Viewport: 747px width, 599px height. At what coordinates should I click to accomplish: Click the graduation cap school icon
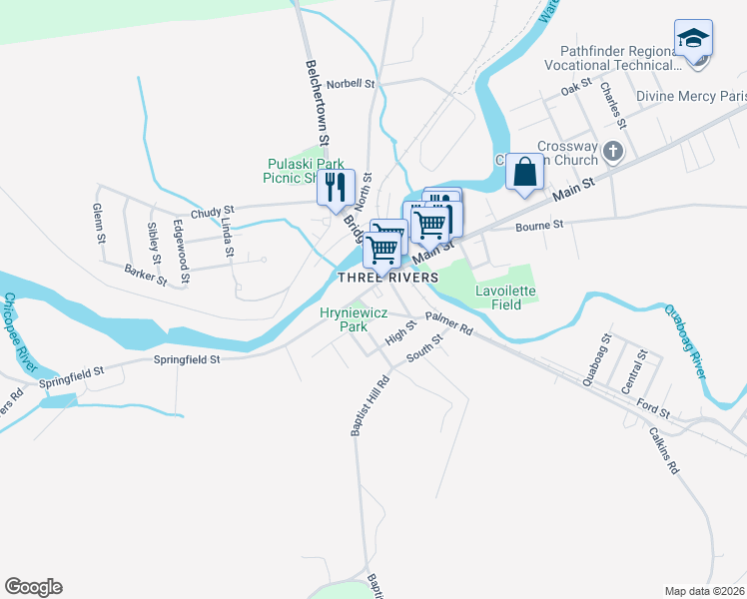pos(693,40)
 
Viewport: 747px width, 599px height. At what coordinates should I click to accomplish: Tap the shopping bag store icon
pos(524,173)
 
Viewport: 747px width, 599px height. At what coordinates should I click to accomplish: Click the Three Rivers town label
pos(387,277)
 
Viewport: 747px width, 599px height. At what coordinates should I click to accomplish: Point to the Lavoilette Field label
pos(505,298)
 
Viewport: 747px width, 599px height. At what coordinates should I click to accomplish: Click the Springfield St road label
pos(187,358)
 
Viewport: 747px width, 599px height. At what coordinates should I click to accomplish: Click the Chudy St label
pos(212,212)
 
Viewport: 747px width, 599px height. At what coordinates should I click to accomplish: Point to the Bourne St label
pos(540,226)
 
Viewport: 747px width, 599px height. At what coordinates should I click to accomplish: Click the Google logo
pos(33,587)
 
